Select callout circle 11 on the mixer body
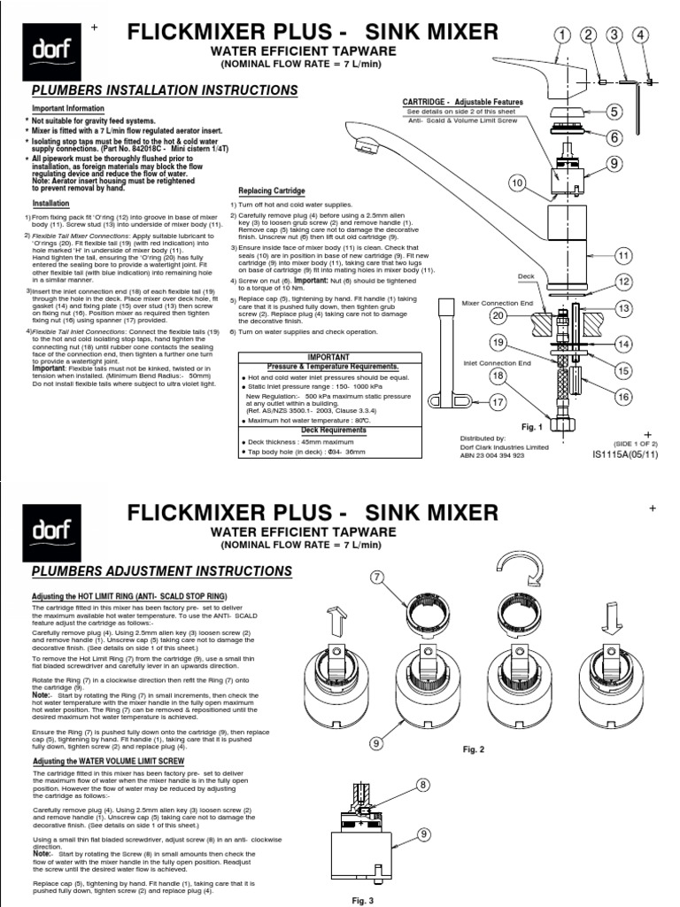point(622,256)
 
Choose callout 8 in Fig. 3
point(422,786)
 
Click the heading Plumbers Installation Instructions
point(165,90)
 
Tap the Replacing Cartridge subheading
point(272,190)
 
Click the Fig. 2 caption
point(475,748)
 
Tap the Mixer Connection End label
point(491,303)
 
